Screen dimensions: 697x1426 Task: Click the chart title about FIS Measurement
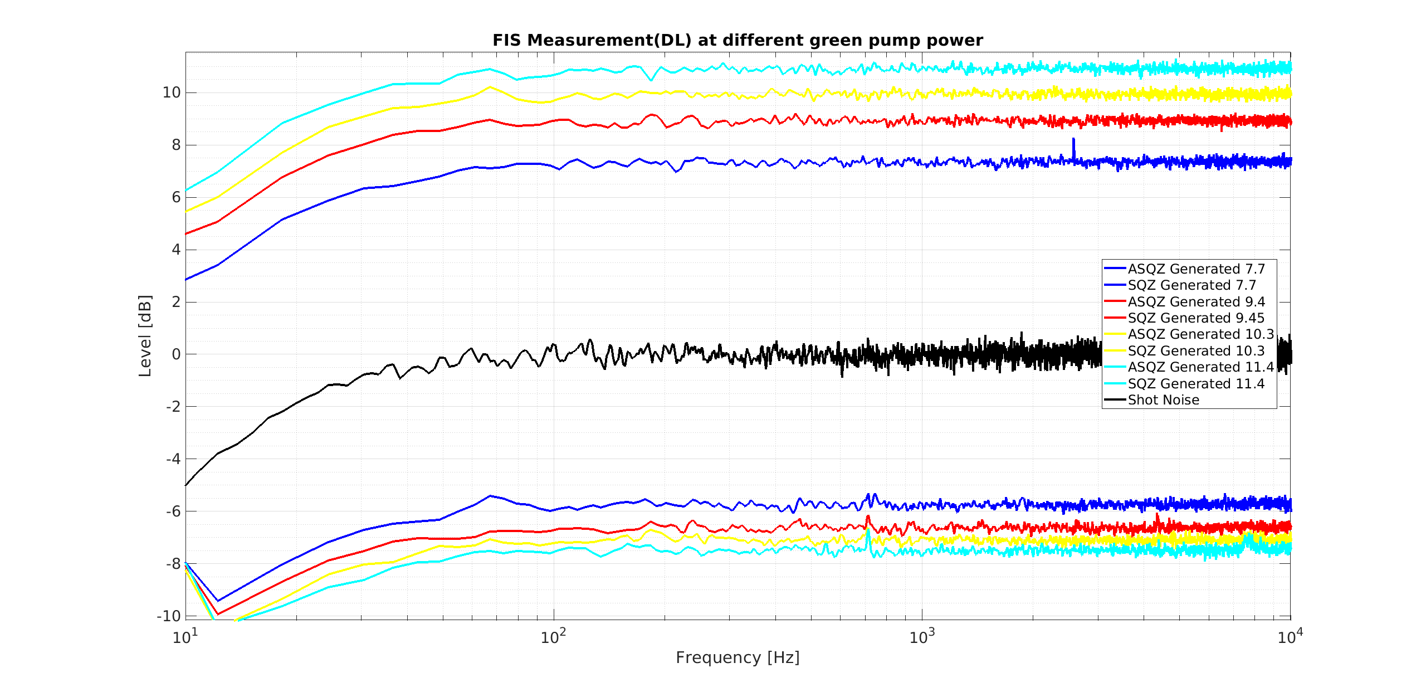click(x=738, y=40)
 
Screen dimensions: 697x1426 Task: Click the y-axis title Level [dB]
click(x=145, y=335)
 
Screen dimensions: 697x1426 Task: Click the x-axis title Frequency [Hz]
click(x=738, y=657)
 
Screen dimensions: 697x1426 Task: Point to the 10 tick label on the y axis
click(x=172, y=92)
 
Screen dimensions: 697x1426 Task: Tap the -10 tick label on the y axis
click(x=169, y=616)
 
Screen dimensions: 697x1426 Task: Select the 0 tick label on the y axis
click(x=176, y=354)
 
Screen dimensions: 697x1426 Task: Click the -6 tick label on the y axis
click(x=173, y=511)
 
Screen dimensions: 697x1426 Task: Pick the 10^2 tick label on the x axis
click(x=553, y=636)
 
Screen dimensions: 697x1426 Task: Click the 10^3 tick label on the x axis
click(x=921, y=636)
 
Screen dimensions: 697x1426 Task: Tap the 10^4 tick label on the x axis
click(x=1290, y=636)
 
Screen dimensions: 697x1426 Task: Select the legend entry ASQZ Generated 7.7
click(x=1196, y=269)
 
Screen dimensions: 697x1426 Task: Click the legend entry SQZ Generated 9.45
click(x=1196, y=318)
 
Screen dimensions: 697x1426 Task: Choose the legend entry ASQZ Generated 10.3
click(x=1200, y=334)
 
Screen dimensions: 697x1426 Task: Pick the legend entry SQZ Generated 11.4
click(x=1196, y=384)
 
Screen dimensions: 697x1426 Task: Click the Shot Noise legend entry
click(x=1163, y=400)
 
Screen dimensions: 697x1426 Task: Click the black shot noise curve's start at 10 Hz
click(x=186, y=485)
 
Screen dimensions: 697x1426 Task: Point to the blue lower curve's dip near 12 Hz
click(x=217, y=601)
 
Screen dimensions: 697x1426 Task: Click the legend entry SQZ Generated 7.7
click(x=1191, y=285)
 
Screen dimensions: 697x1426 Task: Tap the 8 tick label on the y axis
click(x=176, y=145)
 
